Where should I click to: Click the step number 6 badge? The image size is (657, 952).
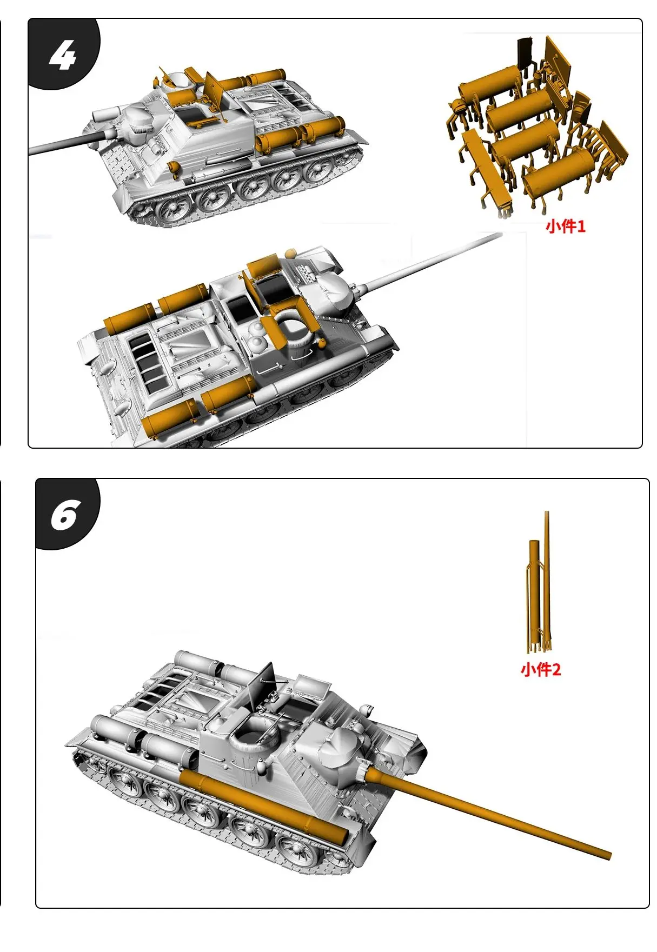(65, 515)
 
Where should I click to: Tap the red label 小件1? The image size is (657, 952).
(565, 226)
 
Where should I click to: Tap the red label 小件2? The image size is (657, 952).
(540, 670)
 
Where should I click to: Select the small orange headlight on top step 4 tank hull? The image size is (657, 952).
(174, 167)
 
